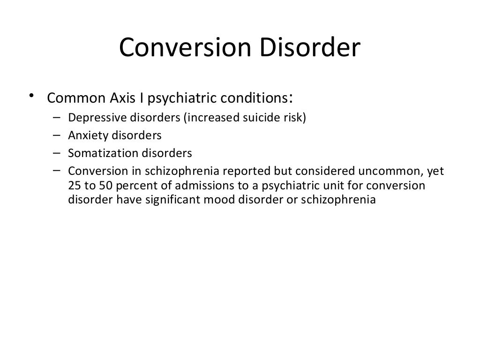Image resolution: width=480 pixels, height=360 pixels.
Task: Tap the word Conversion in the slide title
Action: (x=182, y=49)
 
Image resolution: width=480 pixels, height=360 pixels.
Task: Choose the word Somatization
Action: (x=97, y=153)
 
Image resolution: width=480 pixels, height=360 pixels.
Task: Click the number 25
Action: (x=74, y=185)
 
